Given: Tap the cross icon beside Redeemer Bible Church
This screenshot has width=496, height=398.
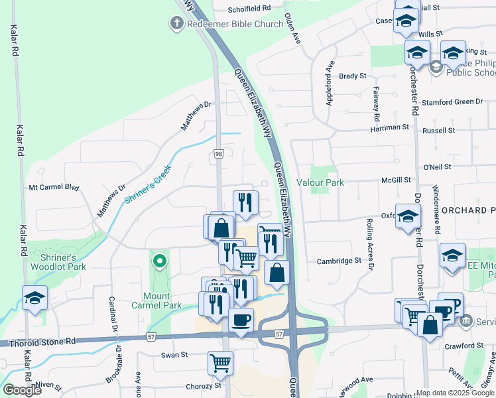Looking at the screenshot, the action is pyautogui.click(x=176, y=24).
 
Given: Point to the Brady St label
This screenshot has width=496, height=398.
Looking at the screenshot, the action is pyautogui.click(x=352, y=76).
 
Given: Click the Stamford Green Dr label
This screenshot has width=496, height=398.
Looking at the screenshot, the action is pyautogui.click(x=452, y=101).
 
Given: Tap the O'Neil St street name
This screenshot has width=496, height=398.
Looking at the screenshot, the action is pyautogui.click(x=437, y=166).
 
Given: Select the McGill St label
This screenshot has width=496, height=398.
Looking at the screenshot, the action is pyautogui.click(x=397, y=180).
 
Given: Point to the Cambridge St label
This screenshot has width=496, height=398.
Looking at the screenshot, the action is pyautogui.click(x=338, y=261).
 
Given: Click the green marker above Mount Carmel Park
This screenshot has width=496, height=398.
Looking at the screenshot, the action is pyautogui.click(x=159, y=261).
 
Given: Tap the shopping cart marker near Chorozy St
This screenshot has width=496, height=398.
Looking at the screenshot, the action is pyautogui.click(x=220, y=362).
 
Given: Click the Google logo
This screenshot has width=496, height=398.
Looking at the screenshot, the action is pyautogui.click(x=22, y=389).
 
